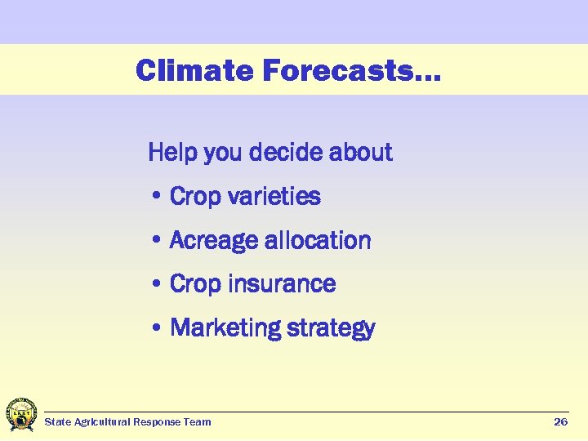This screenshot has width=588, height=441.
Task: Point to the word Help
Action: (x=172, y=153)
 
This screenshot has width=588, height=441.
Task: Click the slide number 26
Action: (x=560, y=422)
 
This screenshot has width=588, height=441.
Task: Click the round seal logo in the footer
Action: (x=20, y=415)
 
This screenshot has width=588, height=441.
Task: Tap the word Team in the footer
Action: (x=198, y=422)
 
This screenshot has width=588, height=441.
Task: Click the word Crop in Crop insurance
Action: (x=195, y=284)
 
